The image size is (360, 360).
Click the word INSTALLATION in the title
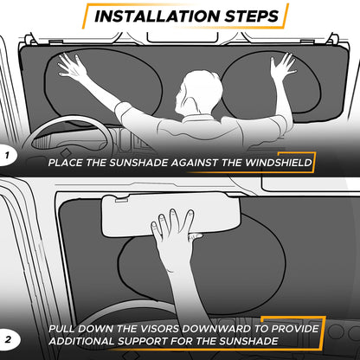pos(157,16)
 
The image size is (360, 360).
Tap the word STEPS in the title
pos(252,16)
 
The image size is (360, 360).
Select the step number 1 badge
pos(7,156)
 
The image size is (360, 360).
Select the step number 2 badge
pos(9,339)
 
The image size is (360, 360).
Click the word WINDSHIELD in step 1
pos(279,163)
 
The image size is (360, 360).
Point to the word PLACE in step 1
pos(66,163)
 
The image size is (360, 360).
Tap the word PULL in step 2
pos(61,329)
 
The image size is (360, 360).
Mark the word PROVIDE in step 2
pos(295,329)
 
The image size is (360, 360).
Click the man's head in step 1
pos(198,92)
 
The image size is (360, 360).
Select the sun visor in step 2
pos(170,215)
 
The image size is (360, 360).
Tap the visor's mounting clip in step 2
pos(122,200)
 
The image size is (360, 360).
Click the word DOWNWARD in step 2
pos(217,329)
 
